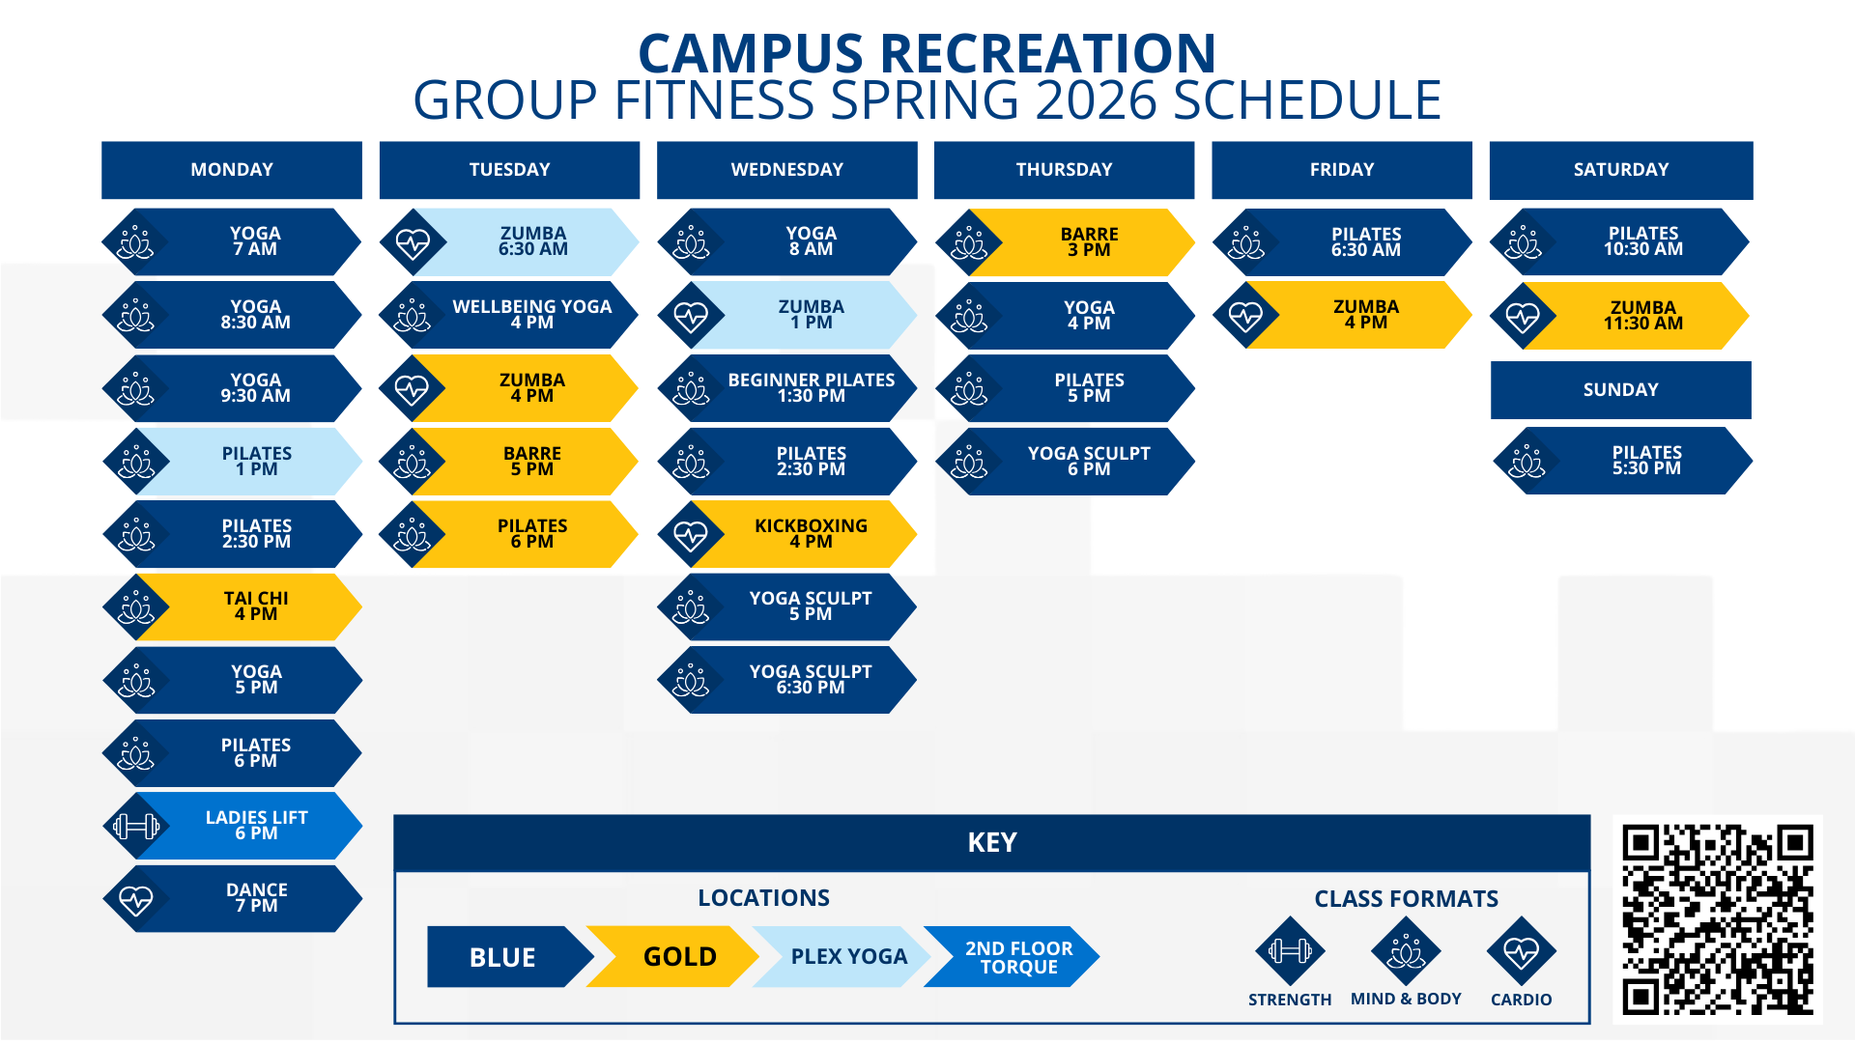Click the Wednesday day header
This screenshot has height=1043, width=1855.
tap(786, 170)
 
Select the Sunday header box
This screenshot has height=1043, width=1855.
tap(1620, 390)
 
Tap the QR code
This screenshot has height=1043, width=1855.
tap(1717, 919)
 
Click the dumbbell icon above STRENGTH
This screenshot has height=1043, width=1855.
tap(1289, 951)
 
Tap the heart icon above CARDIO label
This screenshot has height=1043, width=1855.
tap(1521, 951)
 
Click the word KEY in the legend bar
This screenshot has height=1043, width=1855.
tap(992, 843)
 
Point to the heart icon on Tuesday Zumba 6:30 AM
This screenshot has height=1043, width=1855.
tap(413, 243)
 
